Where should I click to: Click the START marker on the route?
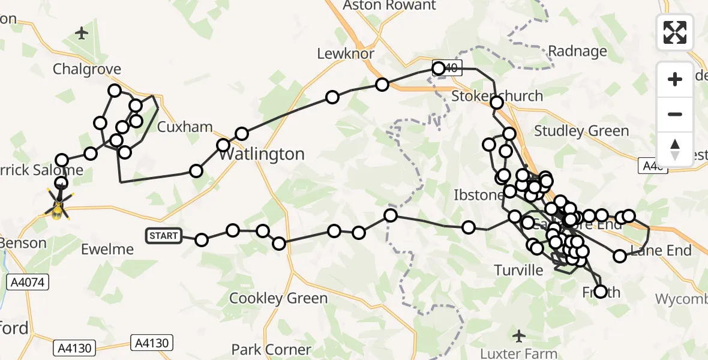pyautogui.click(x=164, y=236)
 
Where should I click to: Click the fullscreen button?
pyautogui.click(x=675, y=32)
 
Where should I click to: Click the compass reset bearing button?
pyautogui.click(x=675, y=149)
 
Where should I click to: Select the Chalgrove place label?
pyautogui.click(x=87, y=70)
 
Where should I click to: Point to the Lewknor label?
pyautogui.click(x=346, y=54)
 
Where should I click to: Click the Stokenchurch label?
pyautogui.click(x=497, y=96)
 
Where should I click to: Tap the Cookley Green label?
pyautogui.click(x=278, y=298)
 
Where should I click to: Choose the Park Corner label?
pyautogui.click(x=271, y=350)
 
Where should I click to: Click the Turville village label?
pyautogui.click(x=519, y=270)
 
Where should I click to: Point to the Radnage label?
pyautogui.click(x=578, y=52)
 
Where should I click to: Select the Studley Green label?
pyautogui.click(x=581, y=131)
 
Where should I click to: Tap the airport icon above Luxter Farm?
pyautogui.click(x=520, y=334)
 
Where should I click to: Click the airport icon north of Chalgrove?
pyautogui.click(x=82, y=33)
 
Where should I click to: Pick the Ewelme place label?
pyautogui.click(x=107, y=250)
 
